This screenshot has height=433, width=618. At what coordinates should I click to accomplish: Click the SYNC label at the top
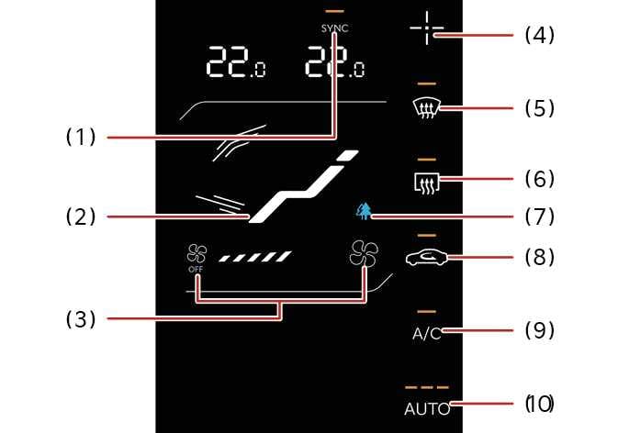(x=334, y=28)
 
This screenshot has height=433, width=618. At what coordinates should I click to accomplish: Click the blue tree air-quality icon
(x=365, y=212)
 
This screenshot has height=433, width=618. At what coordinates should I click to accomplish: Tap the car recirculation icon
(x=427, y=258)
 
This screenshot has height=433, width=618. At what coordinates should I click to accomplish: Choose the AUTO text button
(x=427, y=409)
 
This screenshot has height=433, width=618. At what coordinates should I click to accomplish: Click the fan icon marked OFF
(x=195, y=254)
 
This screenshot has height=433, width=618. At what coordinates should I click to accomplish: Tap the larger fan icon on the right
(x=364, y=253)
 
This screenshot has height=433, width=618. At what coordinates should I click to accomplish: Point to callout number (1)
(x=81, y=138)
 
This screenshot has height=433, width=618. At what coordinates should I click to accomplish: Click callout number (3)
(x=81, y=319)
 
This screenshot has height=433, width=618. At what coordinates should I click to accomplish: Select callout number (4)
(x=540, y=36)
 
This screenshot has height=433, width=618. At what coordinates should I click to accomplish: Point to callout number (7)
(x=540, y=216)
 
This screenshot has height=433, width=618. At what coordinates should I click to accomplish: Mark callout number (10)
(x=540, y=404)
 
